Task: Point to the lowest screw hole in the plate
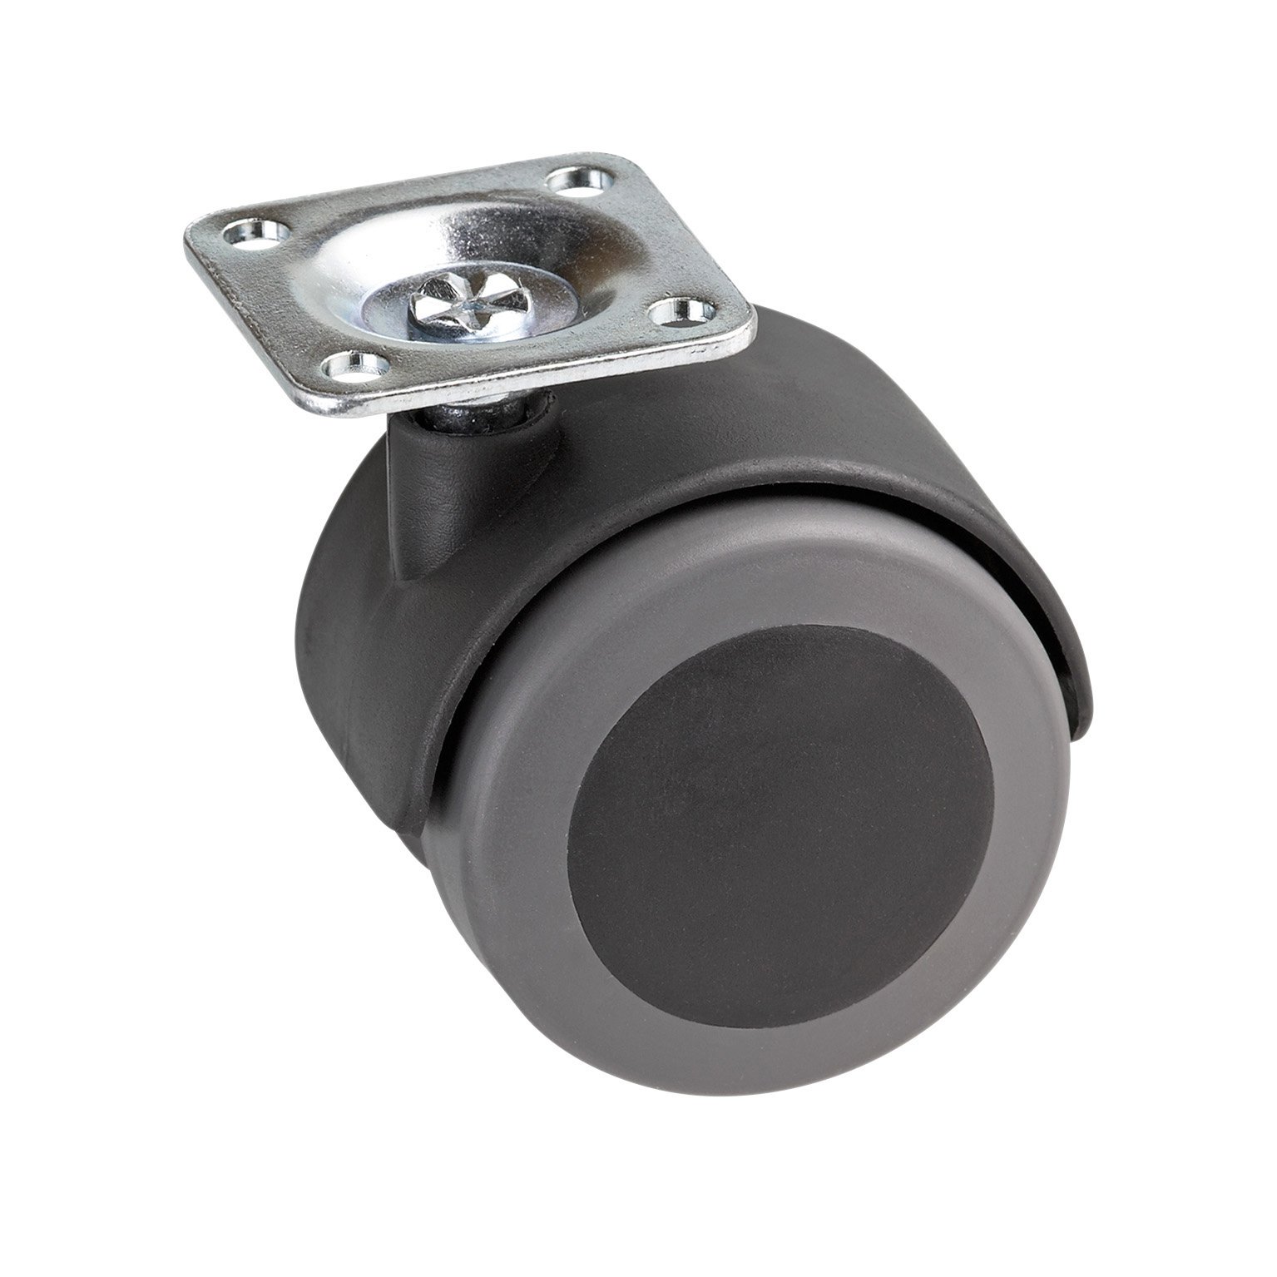click(x=359, y=363)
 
